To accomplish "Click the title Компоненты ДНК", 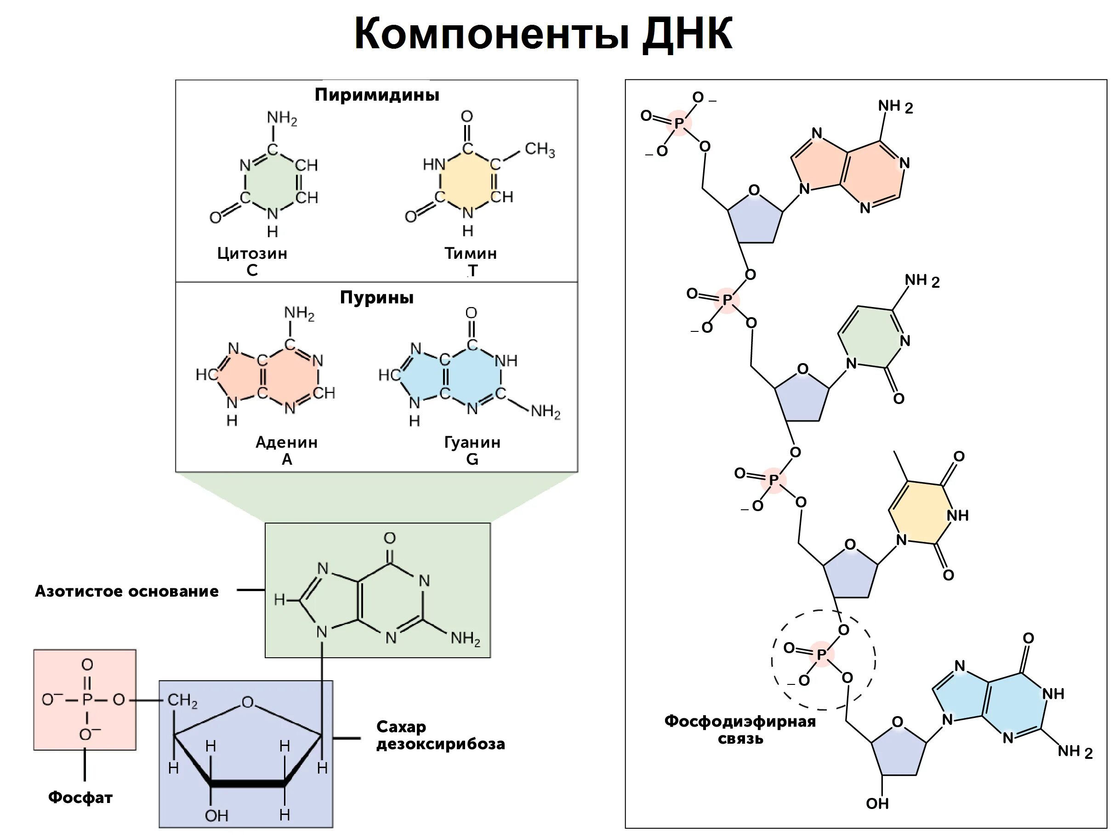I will (x=543, y=34).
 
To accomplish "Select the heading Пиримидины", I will (x=377, y=95).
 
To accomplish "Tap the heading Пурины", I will (x=376, y=297).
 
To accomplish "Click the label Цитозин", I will (x=252, y=253).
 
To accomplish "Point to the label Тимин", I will (x=470, y=253).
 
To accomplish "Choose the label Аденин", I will (x=287, y=442).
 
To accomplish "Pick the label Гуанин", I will (x=472, y=442).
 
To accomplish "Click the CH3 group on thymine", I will (x=539, y=149).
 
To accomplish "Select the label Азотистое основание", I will (x=126, y=591).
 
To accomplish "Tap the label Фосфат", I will (x=80, y=797).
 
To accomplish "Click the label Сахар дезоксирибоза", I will (x=440, y=735).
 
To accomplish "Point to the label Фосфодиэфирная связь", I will (x=740, y=729).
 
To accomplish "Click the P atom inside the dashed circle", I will (x=821, y=655).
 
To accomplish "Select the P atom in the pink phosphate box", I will (x=87, y=700).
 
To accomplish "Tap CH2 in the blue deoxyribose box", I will (x=182, y=700).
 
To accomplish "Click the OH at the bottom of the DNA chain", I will (x=877, y=803).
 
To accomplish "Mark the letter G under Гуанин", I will (x=472, y=459).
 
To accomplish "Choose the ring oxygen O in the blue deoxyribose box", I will (x=247, y=702).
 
